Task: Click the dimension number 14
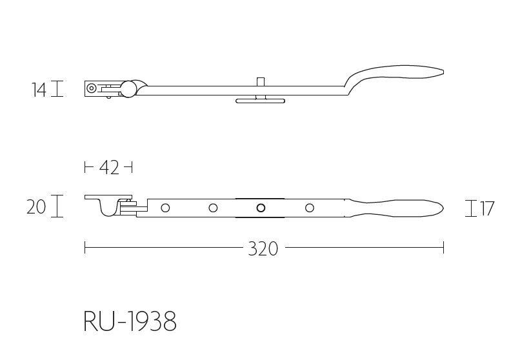tap(39, 90)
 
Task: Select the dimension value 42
tap(109, 168)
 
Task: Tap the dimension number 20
tap(36, 207)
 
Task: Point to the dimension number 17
tap(486, 209)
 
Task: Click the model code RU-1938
tap(130, 321)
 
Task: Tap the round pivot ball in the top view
tap(129, 89)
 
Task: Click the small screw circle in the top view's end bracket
tap(92, 88)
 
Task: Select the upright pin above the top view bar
tap(260, 84)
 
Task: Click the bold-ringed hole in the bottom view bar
tap(261, 208)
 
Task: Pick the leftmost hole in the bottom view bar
tap(165, 208)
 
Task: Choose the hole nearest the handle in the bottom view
tap(309, 208)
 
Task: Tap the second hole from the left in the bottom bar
tap(213, 208)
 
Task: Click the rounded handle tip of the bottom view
tap(439, 207)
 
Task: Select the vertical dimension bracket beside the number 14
tap(57, 89)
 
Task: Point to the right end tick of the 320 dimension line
tap(443, 248)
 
